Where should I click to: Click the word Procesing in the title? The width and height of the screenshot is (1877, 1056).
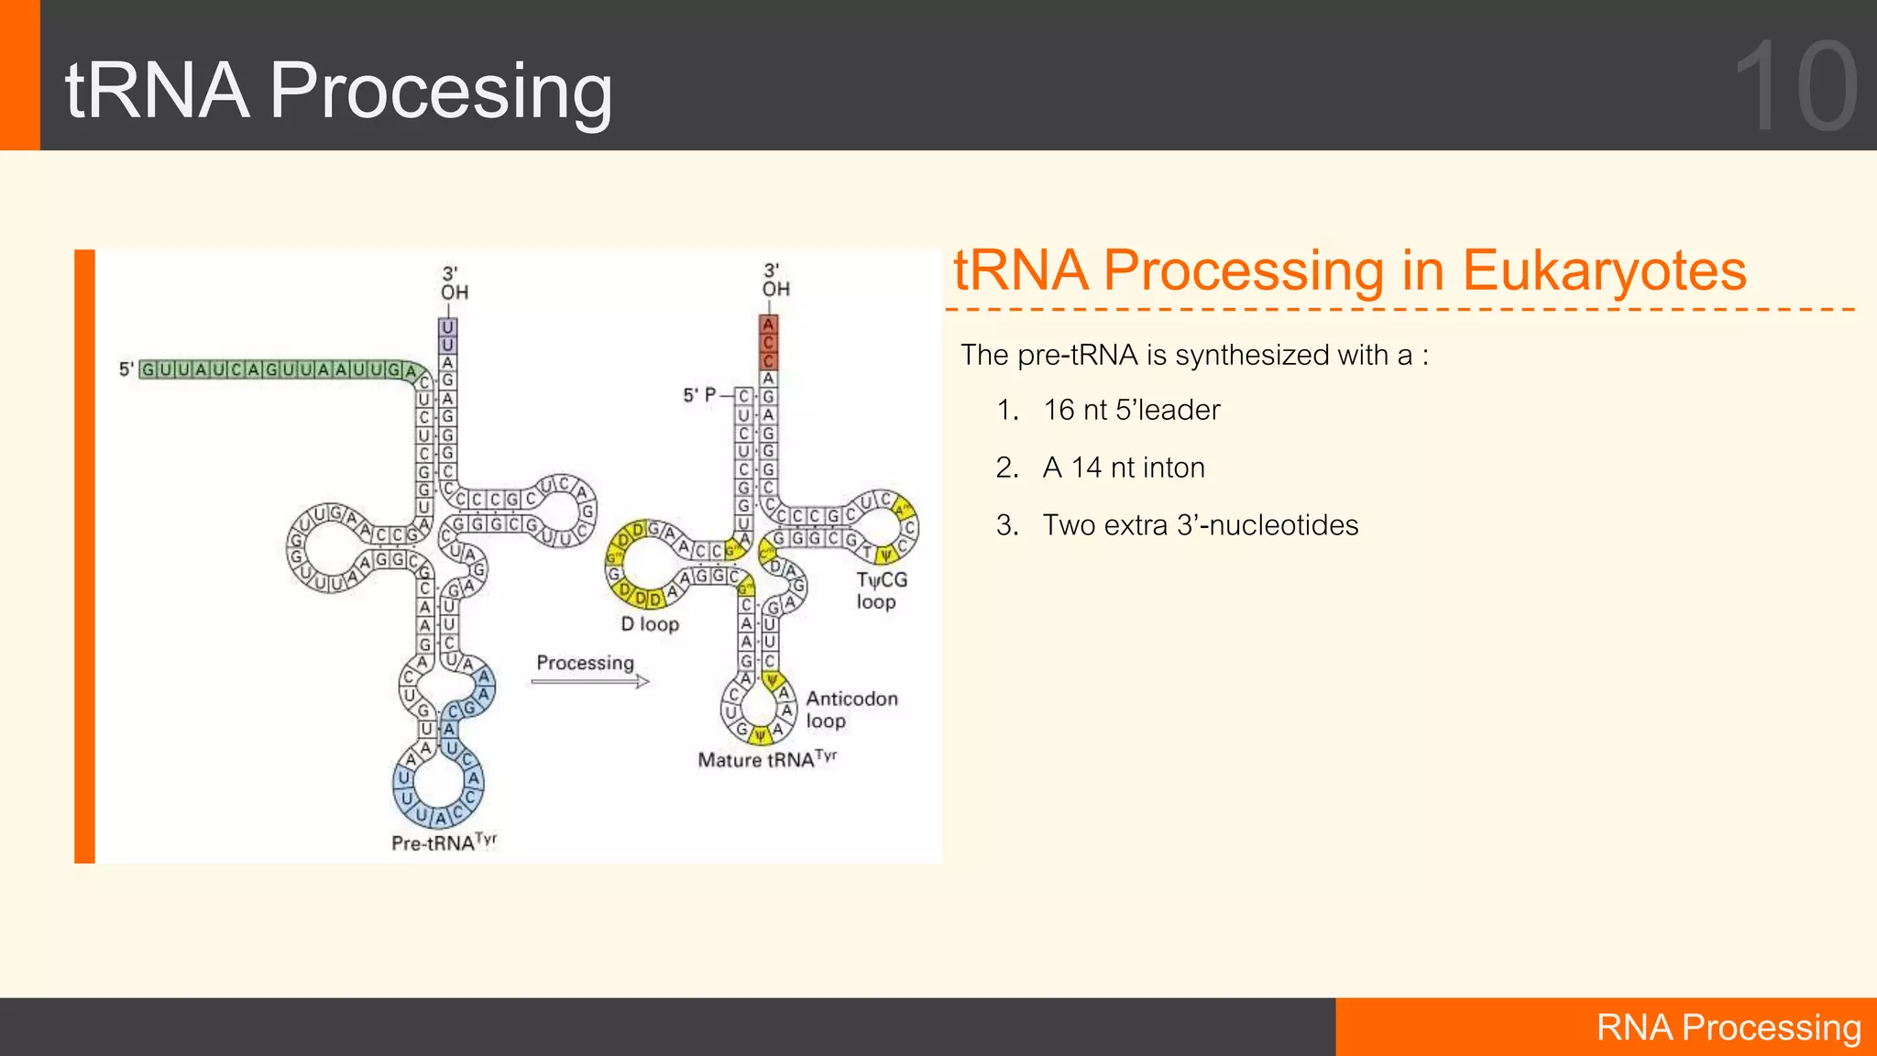(x=440, y=92)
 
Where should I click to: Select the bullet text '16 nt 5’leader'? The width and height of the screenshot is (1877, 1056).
(x=1131, y=410)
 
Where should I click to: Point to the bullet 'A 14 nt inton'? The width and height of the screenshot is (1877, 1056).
(x=1123, y=467)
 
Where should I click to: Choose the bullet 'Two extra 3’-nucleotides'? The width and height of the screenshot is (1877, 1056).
(x=1200, y=525)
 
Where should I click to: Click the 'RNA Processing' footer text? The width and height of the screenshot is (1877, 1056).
(x=1728, y=1028)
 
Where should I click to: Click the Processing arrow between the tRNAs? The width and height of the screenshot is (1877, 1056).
(x=590, y=681)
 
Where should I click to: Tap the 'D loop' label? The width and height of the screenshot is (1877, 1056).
(x=650, y=624)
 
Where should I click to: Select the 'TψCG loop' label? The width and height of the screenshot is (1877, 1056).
(x=881, y=590)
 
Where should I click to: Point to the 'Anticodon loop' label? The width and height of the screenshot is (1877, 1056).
(x=851, y=709)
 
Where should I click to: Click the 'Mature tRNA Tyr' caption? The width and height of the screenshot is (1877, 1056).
(x=766, y=759)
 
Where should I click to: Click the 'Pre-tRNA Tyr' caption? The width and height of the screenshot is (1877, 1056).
(x=443, y=842)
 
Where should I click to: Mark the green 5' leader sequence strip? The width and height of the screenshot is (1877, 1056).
(x=275, y=369)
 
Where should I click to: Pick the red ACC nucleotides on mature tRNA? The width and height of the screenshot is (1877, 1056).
(x=768, y=342)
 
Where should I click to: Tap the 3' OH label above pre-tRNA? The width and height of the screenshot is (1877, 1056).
(x=453, y=283)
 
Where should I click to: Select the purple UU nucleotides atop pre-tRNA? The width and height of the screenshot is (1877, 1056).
(x=447, y=335)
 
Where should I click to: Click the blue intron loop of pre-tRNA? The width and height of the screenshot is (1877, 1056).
(x=440, y=784)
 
